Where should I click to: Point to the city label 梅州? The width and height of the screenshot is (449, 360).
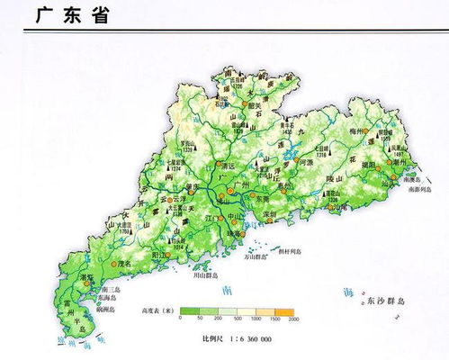(366, 130)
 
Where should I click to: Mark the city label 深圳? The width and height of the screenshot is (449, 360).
(268, 214)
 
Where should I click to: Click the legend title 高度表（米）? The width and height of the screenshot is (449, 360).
(157, 310)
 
